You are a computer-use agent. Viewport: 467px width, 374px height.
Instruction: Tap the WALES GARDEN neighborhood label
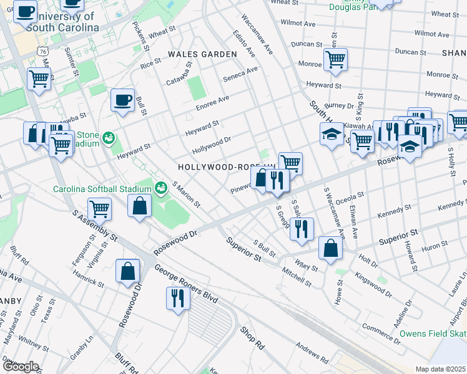(202, 55)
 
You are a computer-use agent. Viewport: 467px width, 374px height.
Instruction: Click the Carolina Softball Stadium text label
(102, 189)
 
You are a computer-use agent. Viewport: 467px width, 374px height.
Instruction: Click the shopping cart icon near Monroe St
(335, 60)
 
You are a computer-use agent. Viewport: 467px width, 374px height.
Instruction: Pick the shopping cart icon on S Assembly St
(99, 209)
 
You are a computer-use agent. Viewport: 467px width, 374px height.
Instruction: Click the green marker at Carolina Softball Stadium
(160, 187)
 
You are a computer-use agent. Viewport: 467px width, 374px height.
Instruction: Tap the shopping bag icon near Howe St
(330, 247)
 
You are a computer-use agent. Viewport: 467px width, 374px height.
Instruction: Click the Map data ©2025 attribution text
(441, 369)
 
